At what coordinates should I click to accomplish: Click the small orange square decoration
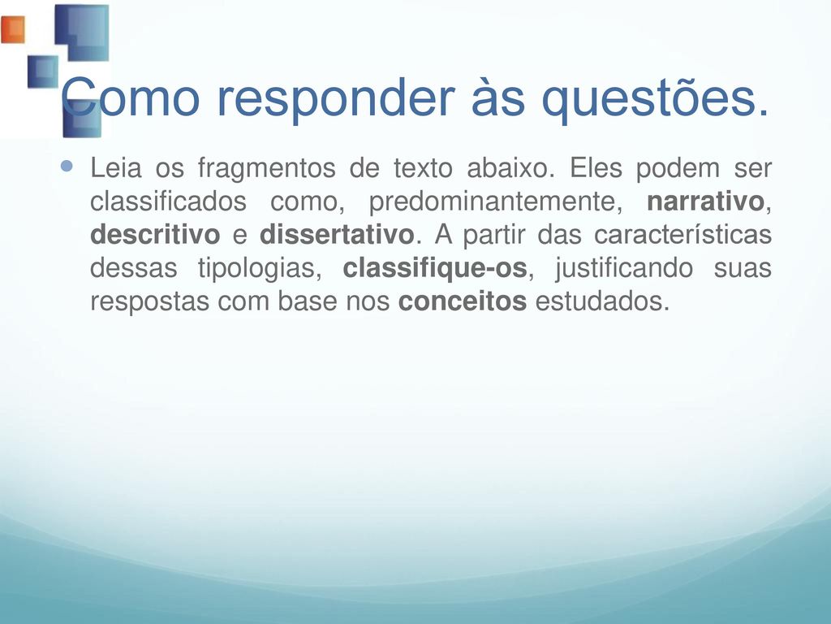(x=13, y=29)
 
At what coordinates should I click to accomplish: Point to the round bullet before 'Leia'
(x=67, y=167)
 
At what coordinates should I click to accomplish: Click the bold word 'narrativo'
(x=705, y=201)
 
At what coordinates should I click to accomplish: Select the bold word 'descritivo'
(x=155, y=235)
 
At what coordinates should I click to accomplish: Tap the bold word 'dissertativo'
(x=337, y=235)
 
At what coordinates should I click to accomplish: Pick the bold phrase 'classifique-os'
(x=435, y=268)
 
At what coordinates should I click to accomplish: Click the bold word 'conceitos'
(x=462, y=301)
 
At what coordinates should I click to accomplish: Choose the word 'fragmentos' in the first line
(x=266, y=169)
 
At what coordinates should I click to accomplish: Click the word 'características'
(x=682, y=235)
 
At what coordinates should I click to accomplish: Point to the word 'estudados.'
(x=603, y=301)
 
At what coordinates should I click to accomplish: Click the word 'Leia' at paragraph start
(x=116, y=168)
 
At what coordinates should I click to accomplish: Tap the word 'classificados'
(x=168, y=201)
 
